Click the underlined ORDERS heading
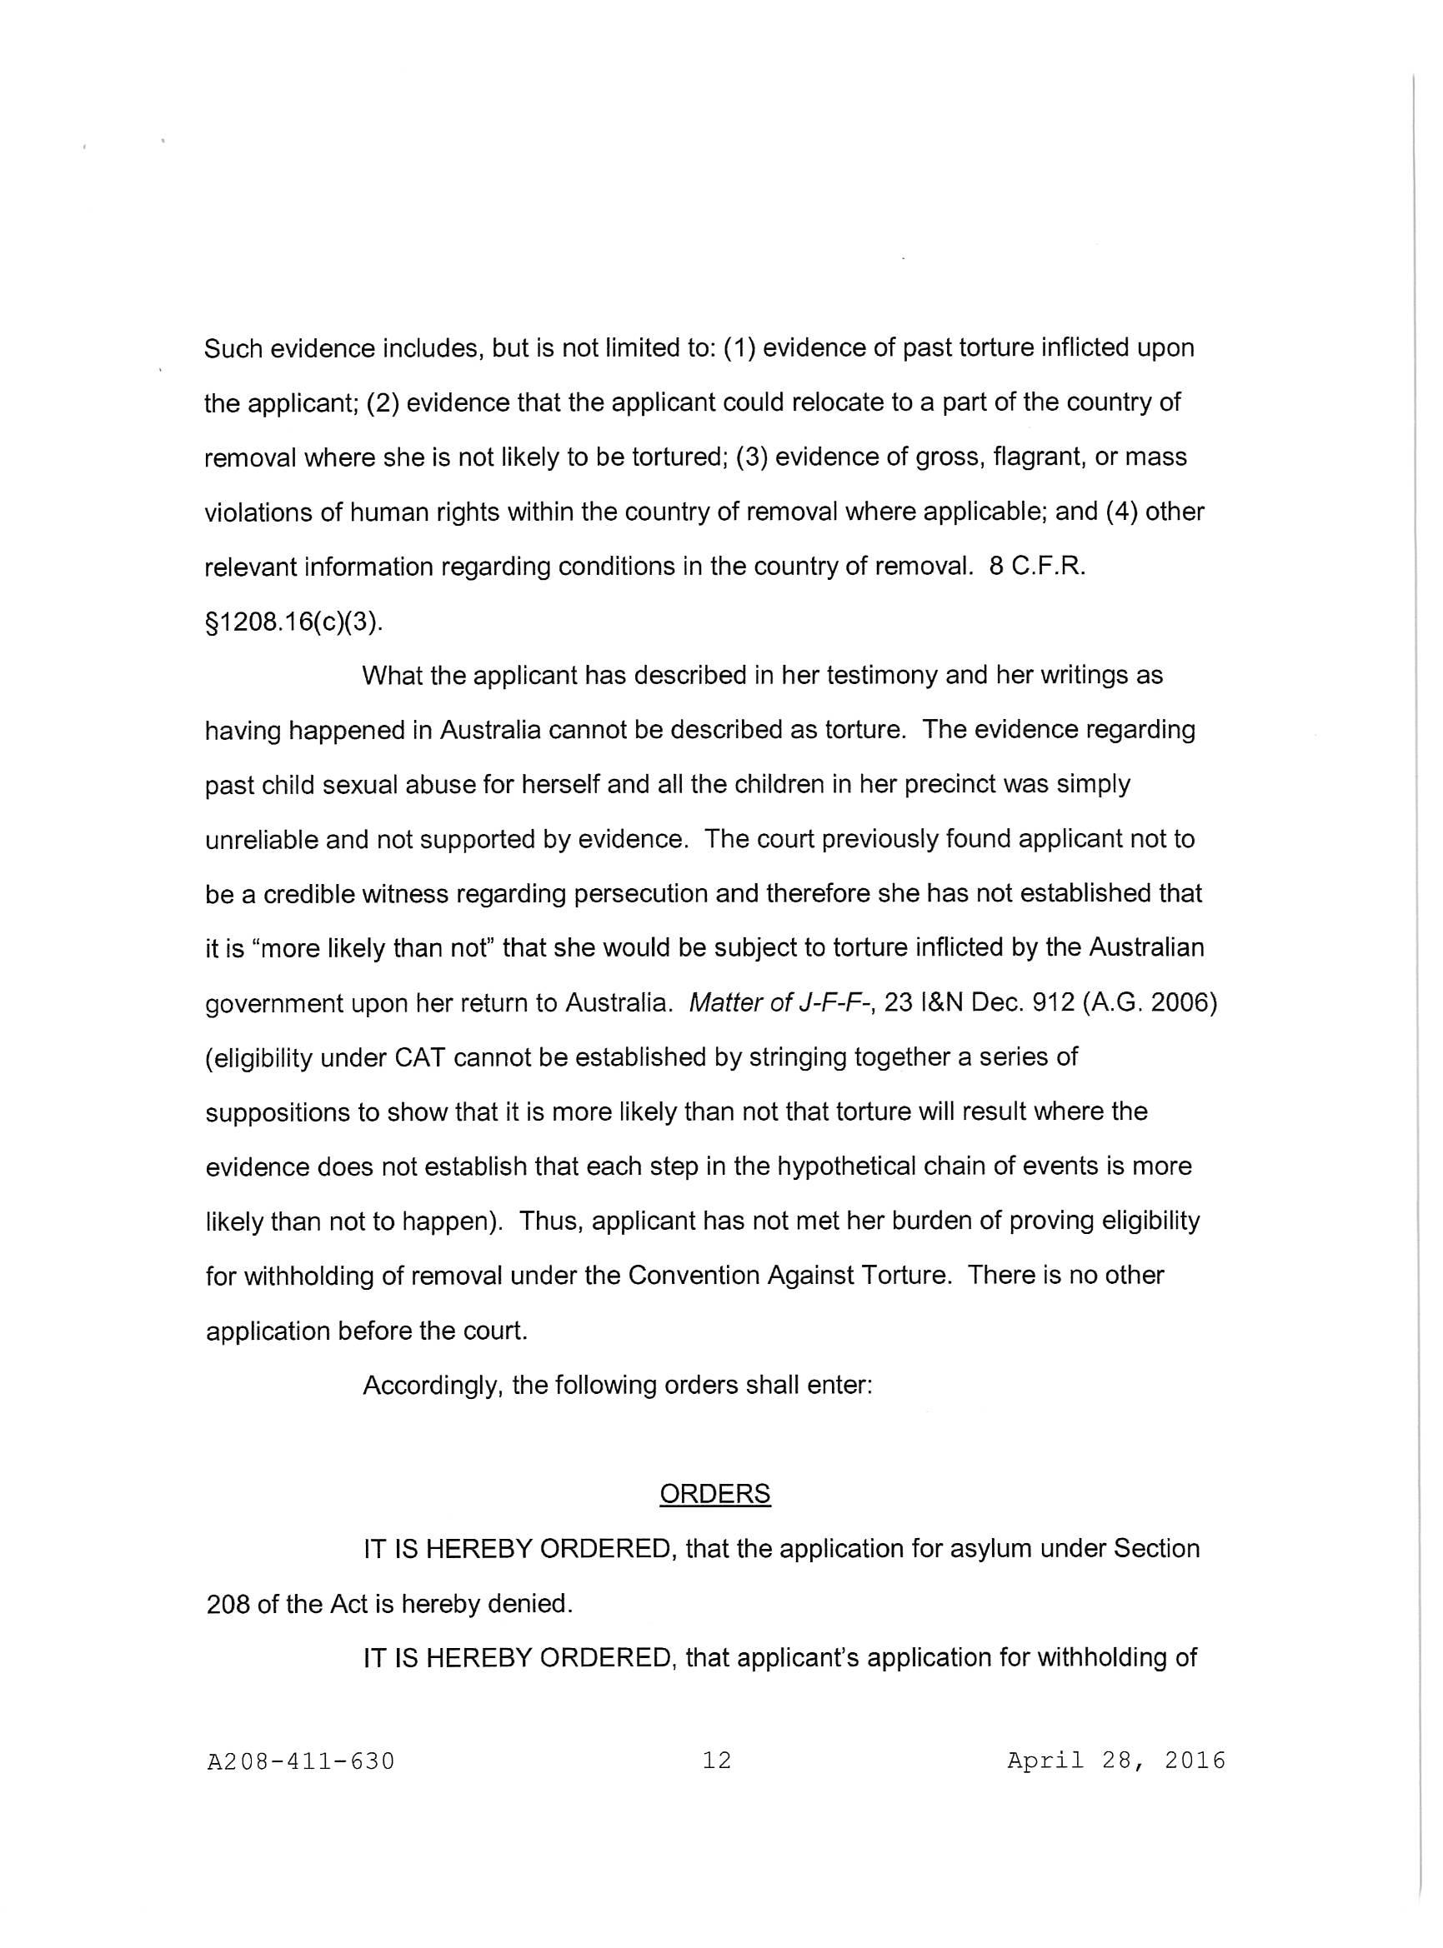714,1494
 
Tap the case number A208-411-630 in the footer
300,1761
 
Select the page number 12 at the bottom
716,1761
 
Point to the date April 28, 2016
1115,1761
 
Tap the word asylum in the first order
1004,1548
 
